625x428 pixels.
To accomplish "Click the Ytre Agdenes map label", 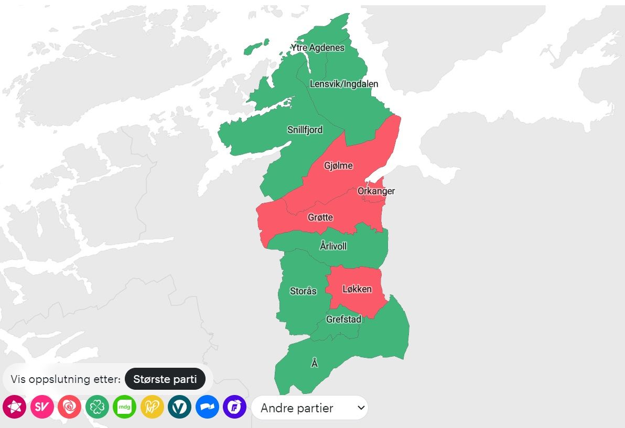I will pyautogui.click(x=318, y=48).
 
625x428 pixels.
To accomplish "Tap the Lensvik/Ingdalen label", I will pyautogui.click(x=344, y=84).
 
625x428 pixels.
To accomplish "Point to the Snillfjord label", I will pyautogui.click(x=305, y=130).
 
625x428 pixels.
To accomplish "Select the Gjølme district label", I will pyautogui.click(x=338, y=166).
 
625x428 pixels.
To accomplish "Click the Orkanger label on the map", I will pyautogui.click(x=376, y=191).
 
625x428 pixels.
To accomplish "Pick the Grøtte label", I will pyautogui.click(x=320, y=217).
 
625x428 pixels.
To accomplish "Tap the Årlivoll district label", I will pyautogui.click(x=333, y=246).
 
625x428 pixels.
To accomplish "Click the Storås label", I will pyautogui.click(x=303, y=291).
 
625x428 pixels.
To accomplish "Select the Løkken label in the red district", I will pyautogui.click(x=357, y=289).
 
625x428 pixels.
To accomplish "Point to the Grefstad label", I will pyautogui.click(x=343, y=320).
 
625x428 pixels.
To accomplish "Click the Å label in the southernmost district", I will pyautogui.click(x=315, y=363).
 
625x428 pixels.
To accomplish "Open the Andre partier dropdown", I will pyautogui.click(x=309, y=408).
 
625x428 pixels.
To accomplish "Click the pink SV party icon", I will pyautogui.click(x=42, y=407).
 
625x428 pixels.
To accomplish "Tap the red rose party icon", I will pyautogui.click(x=69, y=407).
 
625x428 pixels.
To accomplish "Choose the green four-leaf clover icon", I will pyautogui.click(x=97, y=407).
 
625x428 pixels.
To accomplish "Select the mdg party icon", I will pyautogui.click(x=124, y=407).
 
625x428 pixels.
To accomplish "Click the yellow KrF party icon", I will pyautogui.click(x=152, y=407).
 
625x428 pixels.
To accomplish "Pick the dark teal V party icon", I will pyautogui.click(x=179, y=407).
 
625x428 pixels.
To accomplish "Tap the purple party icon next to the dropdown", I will pyautogui.click(x=234, y=407).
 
